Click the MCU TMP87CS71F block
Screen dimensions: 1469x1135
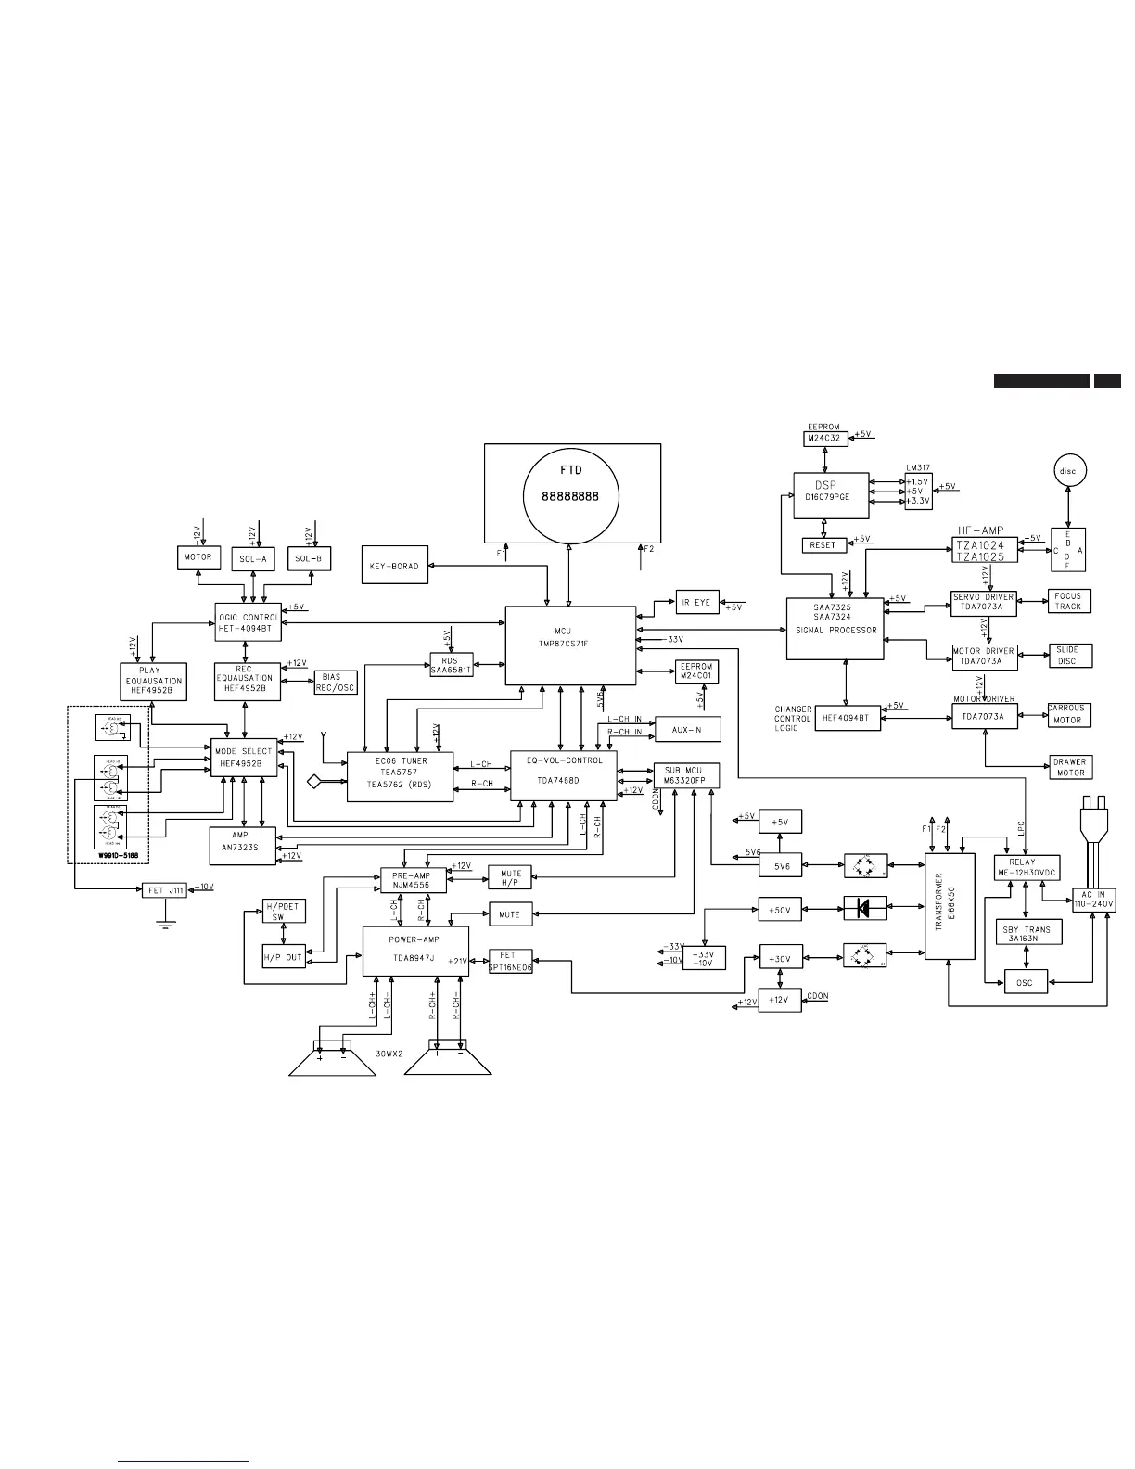pyautogui.click(x=570, y=645)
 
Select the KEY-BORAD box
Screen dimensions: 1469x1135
pyautogui.click(x=395, y=565)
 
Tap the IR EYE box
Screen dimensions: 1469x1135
pyautogui.click(x=696, y=602)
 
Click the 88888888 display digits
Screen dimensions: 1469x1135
pyautogui.click(x=570, y=496)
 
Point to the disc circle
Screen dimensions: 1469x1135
pyautogui.click(x=1069, y=471)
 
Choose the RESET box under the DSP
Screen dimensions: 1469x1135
pyautogui.click(x=823, y=545)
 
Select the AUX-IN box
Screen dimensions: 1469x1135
pyautogui.click(x=687, y=730)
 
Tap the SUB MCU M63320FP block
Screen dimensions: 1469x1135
pyautogui.click(x=684, y=775)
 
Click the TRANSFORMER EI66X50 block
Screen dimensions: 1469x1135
pyautogui.click(x=950, y=906)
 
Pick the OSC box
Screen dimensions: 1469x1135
pyautogui.click(x=1025, y=982)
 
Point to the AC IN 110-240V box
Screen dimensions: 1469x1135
pyautogui.click(x=1094, y=899)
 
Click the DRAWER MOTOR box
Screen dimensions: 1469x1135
pyautogui.click(x=1069, y=767)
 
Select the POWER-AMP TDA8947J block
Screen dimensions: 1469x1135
pyautogui.click(x=414, y=951)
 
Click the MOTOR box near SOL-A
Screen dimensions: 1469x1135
pyautogui.click(x=198, y=557)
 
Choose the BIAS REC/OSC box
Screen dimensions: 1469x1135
pyautogui.click(x=335, y=683)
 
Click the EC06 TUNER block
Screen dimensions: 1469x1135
pyautogui.click(x=401, y=777)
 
